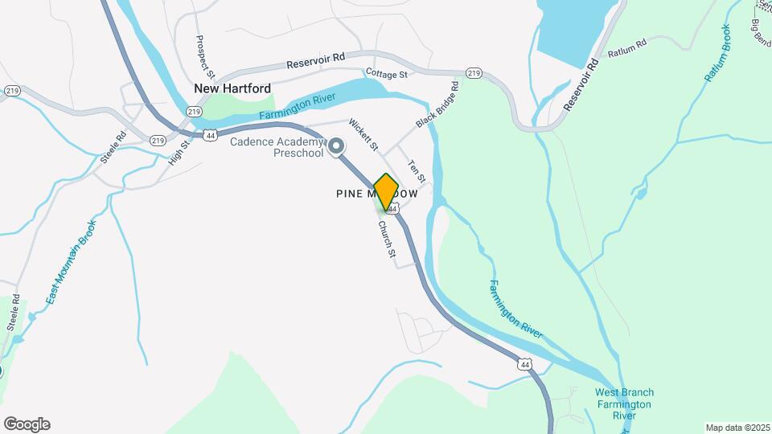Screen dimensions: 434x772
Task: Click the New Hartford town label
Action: click(232, 88)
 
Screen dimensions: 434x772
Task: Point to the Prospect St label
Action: click(200, 51)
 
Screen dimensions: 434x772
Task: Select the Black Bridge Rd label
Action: click(437, 104)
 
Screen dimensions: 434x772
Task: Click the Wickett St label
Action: click(363, 134)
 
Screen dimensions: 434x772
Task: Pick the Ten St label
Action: click(416, 170)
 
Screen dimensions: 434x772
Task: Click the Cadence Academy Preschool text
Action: click(276, 148)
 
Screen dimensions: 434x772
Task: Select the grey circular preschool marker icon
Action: click(337, 146)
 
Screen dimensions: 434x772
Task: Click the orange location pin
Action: click(386, 191)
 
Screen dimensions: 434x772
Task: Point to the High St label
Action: click(178, 152)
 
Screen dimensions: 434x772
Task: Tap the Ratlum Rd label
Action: click(628, 49)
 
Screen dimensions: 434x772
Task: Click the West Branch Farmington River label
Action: click(624, 403)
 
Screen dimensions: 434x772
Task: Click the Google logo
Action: click(27, 424)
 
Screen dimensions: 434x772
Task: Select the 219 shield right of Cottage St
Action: click(474, 73)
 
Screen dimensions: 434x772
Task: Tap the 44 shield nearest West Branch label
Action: click(525, 364)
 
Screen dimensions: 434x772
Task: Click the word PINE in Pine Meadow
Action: click(350, 194)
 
